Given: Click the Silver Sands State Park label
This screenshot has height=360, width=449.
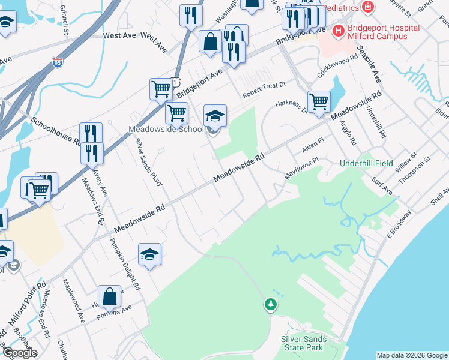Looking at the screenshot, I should [304, 343].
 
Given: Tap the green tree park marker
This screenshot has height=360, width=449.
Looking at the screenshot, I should [271, 305].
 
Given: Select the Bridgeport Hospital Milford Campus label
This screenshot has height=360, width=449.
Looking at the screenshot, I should [378, 32].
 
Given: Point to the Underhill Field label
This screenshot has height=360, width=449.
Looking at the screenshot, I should [366, 163].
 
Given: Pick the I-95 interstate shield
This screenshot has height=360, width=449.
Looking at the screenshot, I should [56, 62].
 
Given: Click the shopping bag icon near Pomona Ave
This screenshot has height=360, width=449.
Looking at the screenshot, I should [109, 296].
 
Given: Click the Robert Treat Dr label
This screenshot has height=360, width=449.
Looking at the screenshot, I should [264, 90].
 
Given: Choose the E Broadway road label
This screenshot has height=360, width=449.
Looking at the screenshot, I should [400, 222].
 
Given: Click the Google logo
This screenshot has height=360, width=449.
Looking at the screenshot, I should [19, 353].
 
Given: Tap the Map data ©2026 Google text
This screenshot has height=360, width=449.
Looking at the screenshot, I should [412, 355].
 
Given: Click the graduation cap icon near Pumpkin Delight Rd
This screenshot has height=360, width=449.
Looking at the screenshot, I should [149, 254].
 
